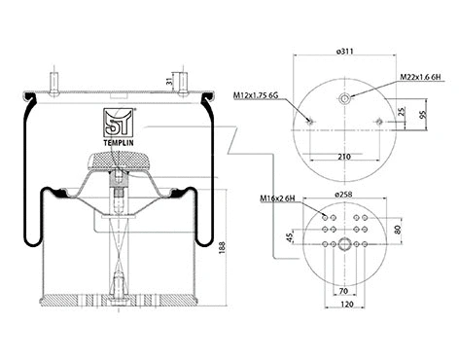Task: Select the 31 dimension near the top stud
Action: [196, 84]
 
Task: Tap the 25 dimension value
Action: [403, 110]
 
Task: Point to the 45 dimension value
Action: [290, 235]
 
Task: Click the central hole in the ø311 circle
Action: [345, 97]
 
